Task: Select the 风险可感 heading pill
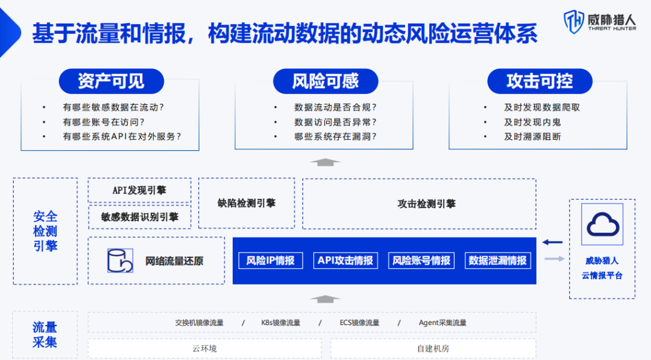(x=325, y=81)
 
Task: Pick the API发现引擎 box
(x=139, y=191)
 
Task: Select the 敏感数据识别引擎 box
(x=139, y=217)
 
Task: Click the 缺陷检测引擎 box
(x=247, y=203)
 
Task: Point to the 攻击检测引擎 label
(x=426, y=204)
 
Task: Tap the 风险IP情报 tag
(x=271, y=261)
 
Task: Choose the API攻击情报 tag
(x=346, y=261)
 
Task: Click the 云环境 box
(x=205, y=349)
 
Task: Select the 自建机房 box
(x=433, y=349)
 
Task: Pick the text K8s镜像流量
(x=280, y=323)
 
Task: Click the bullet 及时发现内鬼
(x=532, y=122)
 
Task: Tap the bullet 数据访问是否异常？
(x=335, y=122)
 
